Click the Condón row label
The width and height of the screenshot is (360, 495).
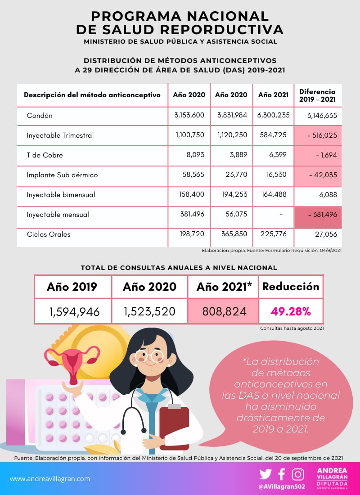click(40, 116)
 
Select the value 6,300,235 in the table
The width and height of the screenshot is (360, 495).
click(274, 115)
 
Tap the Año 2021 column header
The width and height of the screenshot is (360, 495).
click(274, 95)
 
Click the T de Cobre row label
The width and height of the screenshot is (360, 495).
click(45, 155)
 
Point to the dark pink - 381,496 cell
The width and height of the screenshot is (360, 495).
click(323, 215)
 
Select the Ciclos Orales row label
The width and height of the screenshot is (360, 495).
click(49, 234)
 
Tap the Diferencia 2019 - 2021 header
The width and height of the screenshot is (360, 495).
click(317, 95)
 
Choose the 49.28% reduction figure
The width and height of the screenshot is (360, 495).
click(291, 311)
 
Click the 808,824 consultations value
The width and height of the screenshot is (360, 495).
click(223, 311)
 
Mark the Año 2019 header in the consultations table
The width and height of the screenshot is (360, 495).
click(72, 287)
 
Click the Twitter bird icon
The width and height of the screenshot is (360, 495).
click(265, 474)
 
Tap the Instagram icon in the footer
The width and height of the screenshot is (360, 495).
click(298, 474)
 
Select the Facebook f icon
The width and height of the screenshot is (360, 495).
click(282, 474)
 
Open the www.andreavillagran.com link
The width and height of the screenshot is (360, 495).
click(50, 479)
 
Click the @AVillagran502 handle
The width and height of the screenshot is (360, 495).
click(282, 486)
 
